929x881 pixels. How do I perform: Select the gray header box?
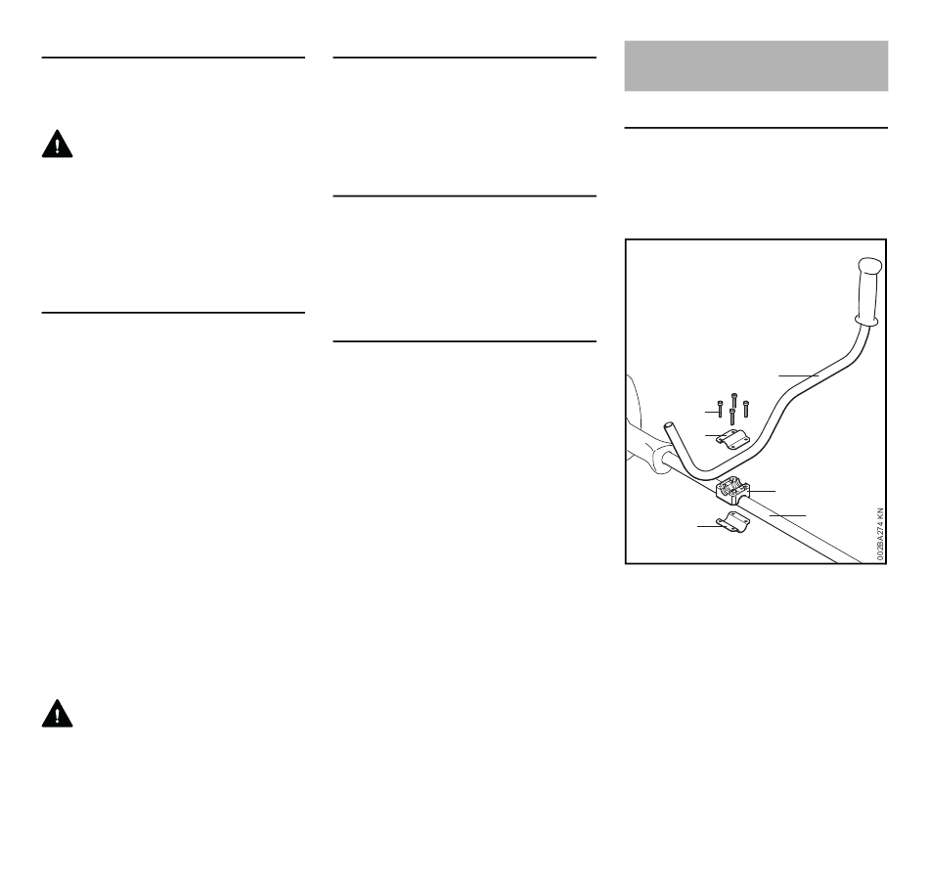[x=756, y=66]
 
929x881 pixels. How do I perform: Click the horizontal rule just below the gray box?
[x=756, y=127]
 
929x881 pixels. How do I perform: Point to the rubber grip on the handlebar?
[x=869, y=287]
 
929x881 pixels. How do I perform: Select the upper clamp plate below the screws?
[x=732, y=439]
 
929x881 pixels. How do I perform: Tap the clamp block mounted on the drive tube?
[x=733, y=488]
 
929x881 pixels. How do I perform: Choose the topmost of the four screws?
[x=733, y=399]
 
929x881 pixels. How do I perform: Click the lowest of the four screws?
[x=731, y=418]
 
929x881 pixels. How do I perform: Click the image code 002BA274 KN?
[x=879, y=533]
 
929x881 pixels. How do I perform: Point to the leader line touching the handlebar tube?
[x=799, y=374]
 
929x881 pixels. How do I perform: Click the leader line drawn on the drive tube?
[x=788, y=514]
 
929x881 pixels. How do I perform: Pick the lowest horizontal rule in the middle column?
[x=465, y=342]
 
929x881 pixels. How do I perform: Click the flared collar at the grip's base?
[x=864, y=318]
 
